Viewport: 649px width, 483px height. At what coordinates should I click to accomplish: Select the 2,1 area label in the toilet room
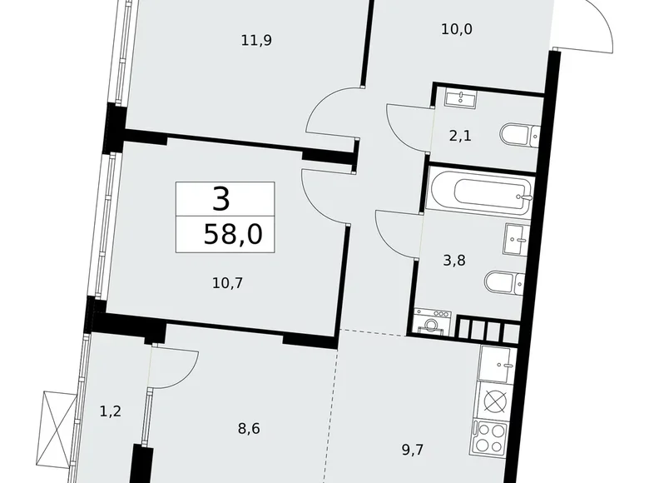460,136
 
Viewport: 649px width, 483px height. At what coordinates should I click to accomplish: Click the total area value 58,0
232,234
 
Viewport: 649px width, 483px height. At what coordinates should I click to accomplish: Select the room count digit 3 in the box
220,199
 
